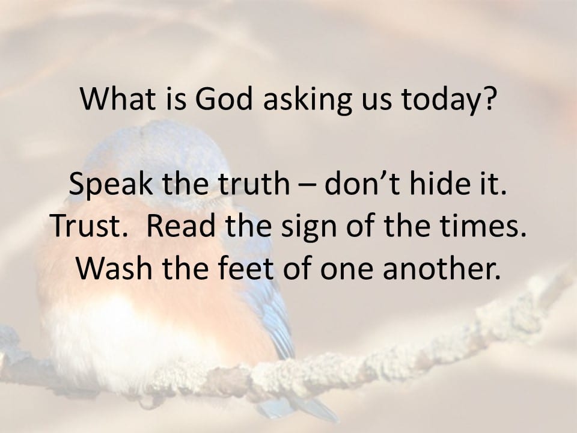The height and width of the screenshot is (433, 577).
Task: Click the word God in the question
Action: [224, 99]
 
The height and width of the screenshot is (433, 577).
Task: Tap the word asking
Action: [308, 101]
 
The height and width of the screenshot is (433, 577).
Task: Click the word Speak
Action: [111, 185]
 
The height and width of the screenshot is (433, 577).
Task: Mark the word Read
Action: [180, 226]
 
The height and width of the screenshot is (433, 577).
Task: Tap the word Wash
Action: [114, 268]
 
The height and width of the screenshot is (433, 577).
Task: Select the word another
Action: [442, 268]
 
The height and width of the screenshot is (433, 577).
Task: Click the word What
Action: [118, 99]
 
